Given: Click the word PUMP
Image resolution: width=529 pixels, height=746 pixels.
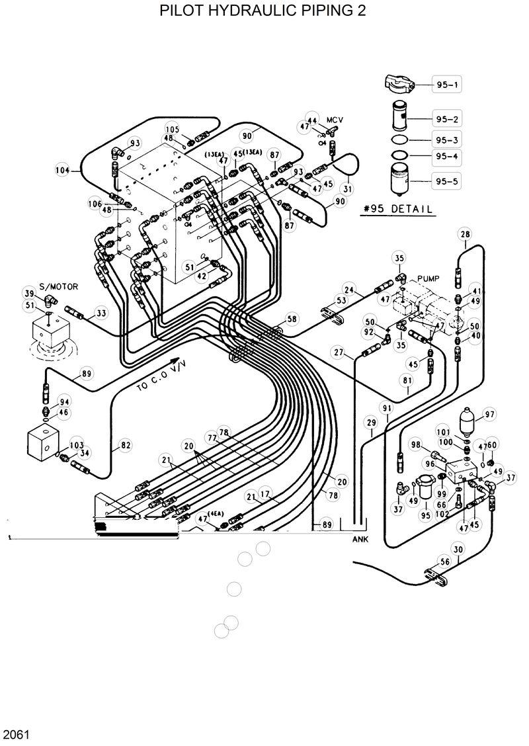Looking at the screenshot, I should pos(428,279).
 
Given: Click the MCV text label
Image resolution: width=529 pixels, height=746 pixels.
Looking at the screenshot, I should pos(337,120).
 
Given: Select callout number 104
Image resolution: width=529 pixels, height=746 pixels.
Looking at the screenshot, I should pos(63,170).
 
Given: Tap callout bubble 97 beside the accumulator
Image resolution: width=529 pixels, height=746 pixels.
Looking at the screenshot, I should pos(489,415).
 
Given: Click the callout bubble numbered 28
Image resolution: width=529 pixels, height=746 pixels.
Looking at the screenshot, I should pos(465,235).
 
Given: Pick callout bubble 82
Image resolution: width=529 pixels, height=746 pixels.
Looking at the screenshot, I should pos(125,446).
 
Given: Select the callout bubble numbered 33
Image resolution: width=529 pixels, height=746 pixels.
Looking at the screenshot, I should pos(101,313).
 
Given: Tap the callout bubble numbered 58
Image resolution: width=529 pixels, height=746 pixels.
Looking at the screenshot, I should pos(292,319).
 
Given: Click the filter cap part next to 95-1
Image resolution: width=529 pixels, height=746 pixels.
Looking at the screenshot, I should pos(398,84).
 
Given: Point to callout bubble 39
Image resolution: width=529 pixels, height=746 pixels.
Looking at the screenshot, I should pos(29,294).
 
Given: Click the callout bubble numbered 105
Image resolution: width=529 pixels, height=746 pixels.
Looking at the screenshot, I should pos(172,129).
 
